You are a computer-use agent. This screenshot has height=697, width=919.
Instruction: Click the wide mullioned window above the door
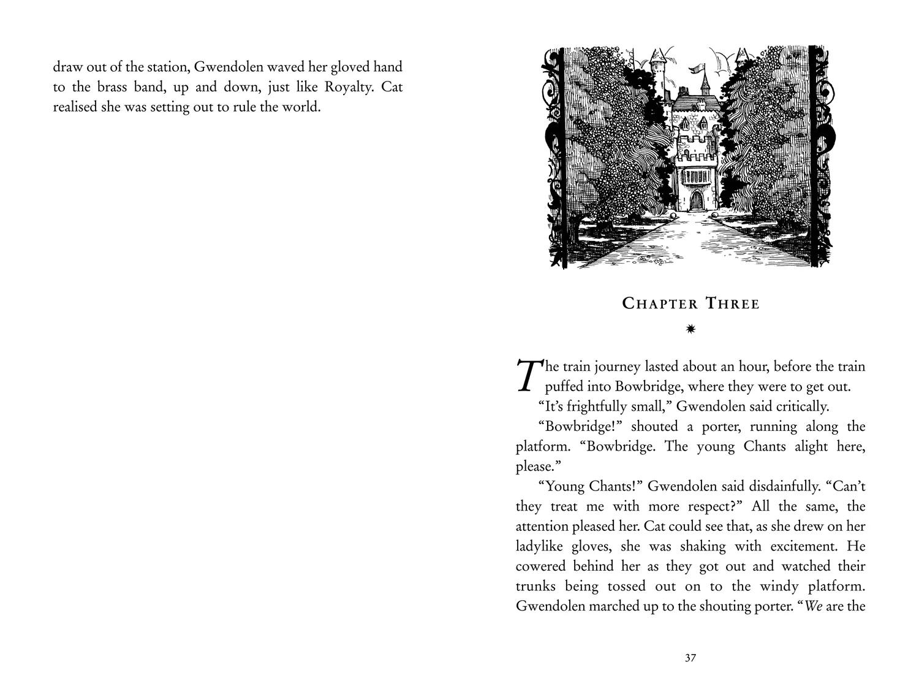(696, 176)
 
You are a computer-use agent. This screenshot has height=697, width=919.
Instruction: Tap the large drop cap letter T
(528, 375)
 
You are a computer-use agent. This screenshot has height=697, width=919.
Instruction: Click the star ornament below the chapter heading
(690, 329)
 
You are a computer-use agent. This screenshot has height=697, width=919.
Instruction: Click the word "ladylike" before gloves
(541, 546)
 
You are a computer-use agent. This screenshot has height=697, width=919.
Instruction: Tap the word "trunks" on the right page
(536, 586)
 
